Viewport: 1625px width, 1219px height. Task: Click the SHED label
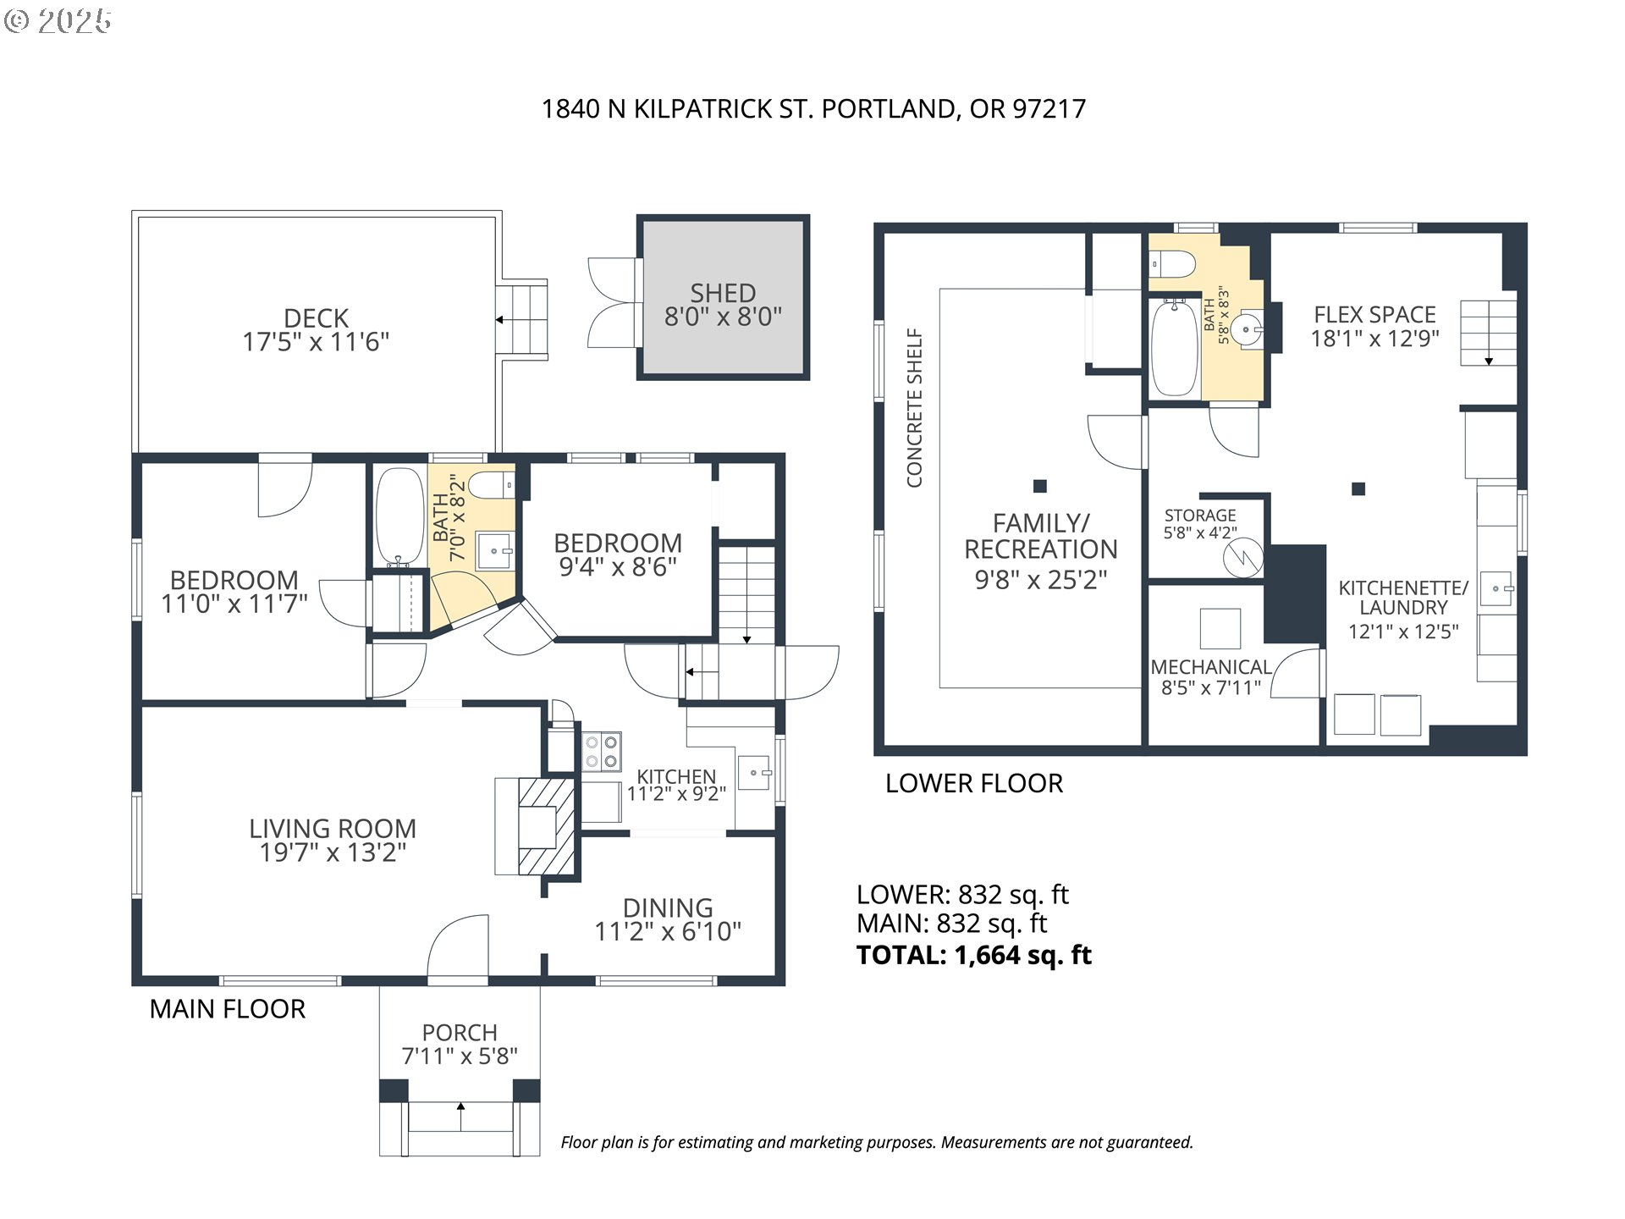pos(723,293)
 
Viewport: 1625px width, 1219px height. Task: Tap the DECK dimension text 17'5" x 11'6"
pos(316,342)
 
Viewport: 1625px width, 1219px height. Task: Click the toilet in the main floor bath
pos(492,485)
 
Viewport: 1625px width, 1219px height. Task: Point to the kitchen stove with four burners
pos(602,752)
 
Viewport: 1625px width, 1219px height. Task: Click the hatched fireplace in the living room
pos(547,826)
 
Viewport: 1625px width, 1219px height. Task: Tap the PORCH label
pos(460,1033)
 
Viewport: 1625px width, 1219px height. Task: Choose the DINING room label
pos(668,908)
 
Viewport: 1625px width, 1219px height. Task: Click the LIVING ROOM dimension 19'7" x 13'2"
pos(333,852)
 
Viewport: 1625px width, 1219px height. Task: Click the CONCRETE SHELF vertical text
pos(914,408)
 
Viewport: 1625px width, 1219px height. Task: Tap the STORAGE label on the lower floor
pos(1200,516)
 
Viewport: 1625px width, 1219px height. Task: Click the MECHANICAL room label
pos(1211,667)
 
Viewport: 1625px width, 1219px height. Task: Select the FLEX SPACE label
pos(1375,315)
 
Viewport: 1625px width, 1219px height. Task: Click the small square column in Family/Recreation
pos(1040,486)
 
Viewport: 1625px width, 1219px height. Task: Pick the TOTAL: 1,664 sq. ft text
pos(974,955)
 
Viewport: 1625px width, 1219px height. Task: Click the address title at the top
pos(813,109)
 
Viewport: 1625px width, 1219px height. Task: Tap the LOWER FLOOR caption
pos(974,783)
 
